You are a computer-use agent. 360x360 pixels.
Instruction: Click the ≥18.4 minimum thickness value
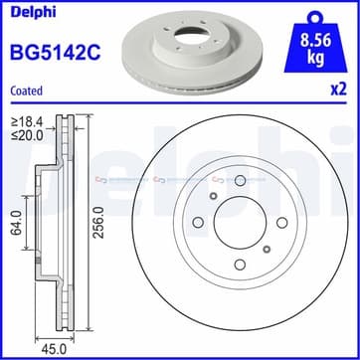27,120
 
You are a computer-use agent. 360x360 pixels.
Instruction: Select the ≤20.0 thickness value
27,134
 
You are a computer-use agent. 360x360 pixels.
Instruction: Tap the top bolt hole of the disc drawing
241,181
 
